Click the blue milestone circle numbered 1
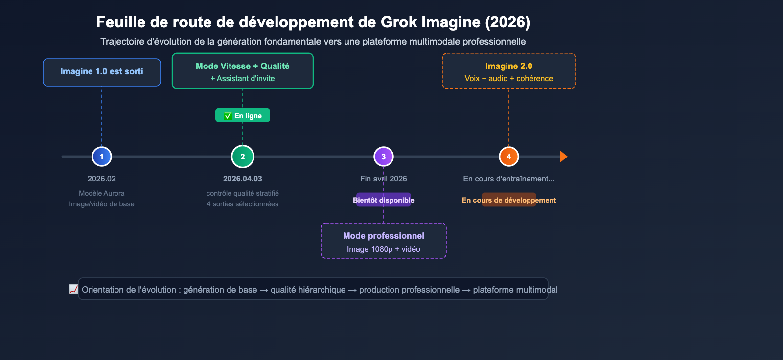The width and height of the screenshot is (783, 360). [x=102, y=157]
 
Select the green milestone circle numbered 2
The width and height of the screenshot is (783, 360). [x=243, y=157]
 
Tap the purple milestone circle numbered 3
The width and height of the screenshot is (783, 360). [x=384, y=157]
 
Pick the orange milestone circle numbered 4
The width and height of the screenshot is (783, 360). [x=509, y=157]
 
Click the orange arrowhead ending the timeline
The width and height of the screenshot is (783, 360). [x=563, y=157]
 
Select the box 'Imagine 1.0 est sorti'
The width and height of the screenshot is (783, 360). [x=102, y=72]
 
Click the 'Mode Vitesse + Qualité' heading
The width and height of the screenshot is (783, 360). [x=243, y=66]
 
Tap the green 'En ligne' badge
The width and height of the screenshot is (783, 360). [x=243, y=115]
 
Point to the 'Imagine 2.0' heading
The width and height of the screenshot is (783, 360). [x=509, y=66]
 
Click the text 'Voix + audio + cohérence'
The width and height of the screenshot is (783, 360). [x=509, y=79]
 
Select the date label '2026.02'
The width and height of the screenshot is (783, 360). [x=102, y=179]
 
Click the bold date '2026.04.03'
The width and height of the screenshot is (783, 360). [x=243, y=179]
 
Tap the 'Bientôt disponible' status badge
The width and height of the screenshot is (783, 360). [x=384, y=200]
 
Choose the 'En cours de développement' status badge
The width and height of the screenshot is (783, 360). [x=509, y=200]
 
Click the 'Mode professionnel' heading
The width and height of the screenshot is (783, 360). [x=384, y=236]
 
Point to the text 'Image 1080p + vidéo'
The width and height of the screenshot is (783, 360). [x=384, y=249]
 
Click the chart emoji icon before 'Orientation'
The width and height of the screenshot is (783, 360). [x=74, y=290]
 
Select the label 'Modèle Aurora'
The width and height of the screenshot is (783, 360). [x=102, y=194]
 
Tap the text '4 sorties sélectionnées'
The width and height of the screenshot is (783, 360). [x=243, y=204]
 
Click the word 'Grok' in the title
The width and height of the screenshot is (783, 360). [x=399, y=22]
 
